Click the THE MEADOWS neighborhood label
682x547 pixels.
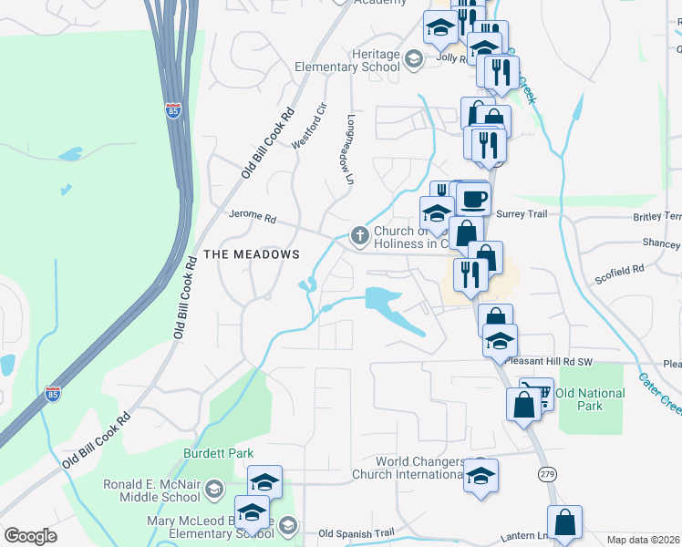252,254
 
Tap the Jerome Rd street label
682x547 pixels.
251,218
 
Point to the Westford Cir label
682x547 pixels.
307,131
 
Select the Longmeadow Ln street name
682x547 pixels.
349,150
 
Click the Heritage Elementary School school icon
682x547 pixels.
414,60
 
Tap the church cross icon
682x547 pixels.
360,236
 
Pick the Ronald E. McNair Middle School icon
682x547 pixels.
214,490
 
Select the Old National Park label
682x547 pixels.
590,400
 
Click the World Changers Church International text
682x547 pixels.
409,468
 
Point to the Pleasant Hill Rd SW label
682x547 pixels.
548,362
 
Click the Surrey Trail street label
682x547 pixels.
524,212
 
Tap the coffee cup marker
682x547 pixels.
473,198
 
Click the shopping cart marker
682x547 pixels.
537,393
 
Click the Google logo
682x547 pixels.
30,536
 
